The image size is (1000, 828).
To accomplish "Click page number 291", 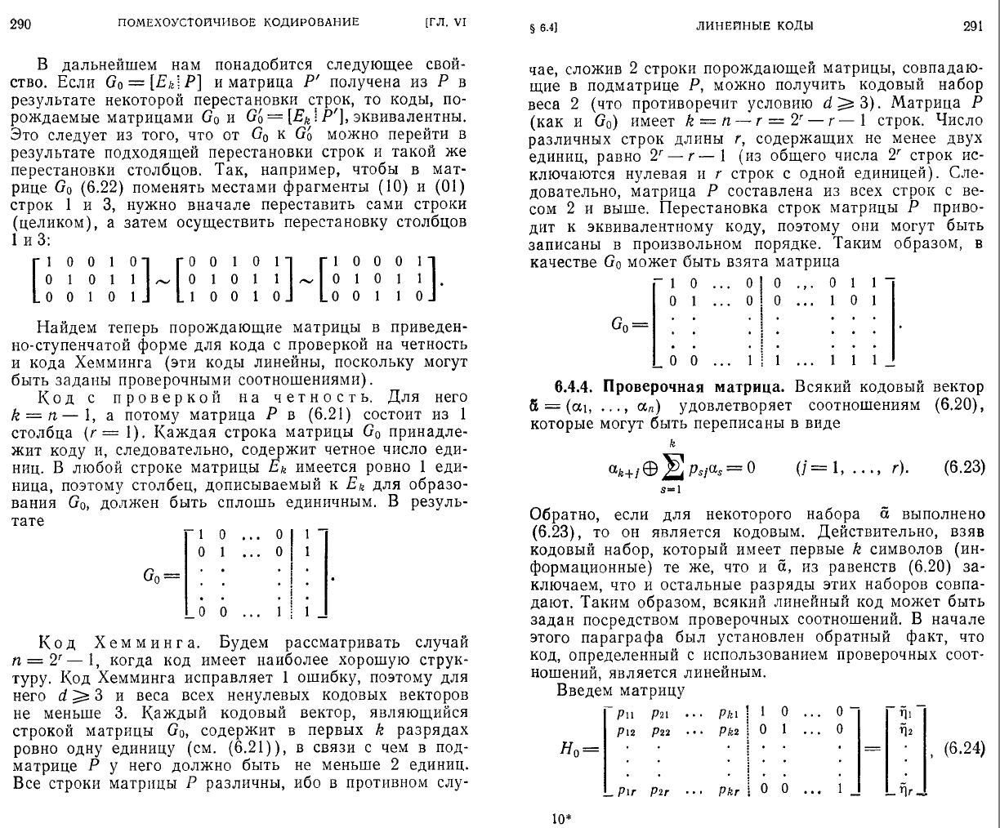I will tap(972, 25).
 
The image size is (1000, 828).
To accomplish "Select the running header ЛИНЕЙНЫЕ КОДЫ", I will tap(754, 25).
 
